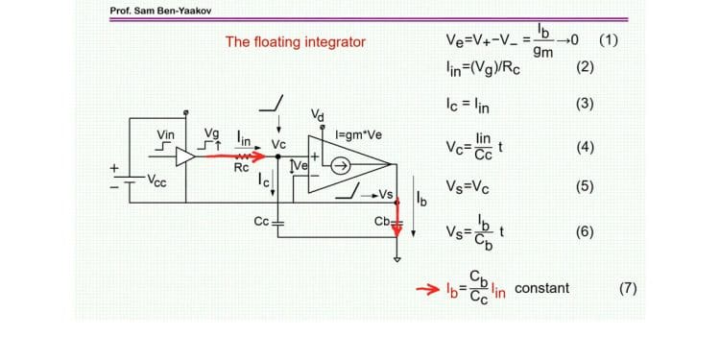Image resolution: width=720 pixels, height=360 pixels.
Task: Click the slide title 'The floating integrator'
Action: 295,42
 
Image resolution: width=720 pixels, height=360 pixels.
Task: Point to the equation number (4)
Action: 586,148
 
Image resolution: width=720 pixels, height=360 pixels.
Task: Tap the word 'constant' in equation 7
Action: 541,288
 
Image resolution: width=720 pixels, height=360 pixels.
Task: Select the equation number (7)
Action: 629,288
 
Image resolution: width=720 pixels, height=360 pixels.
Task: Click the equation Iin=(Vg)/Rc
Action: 481,67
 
